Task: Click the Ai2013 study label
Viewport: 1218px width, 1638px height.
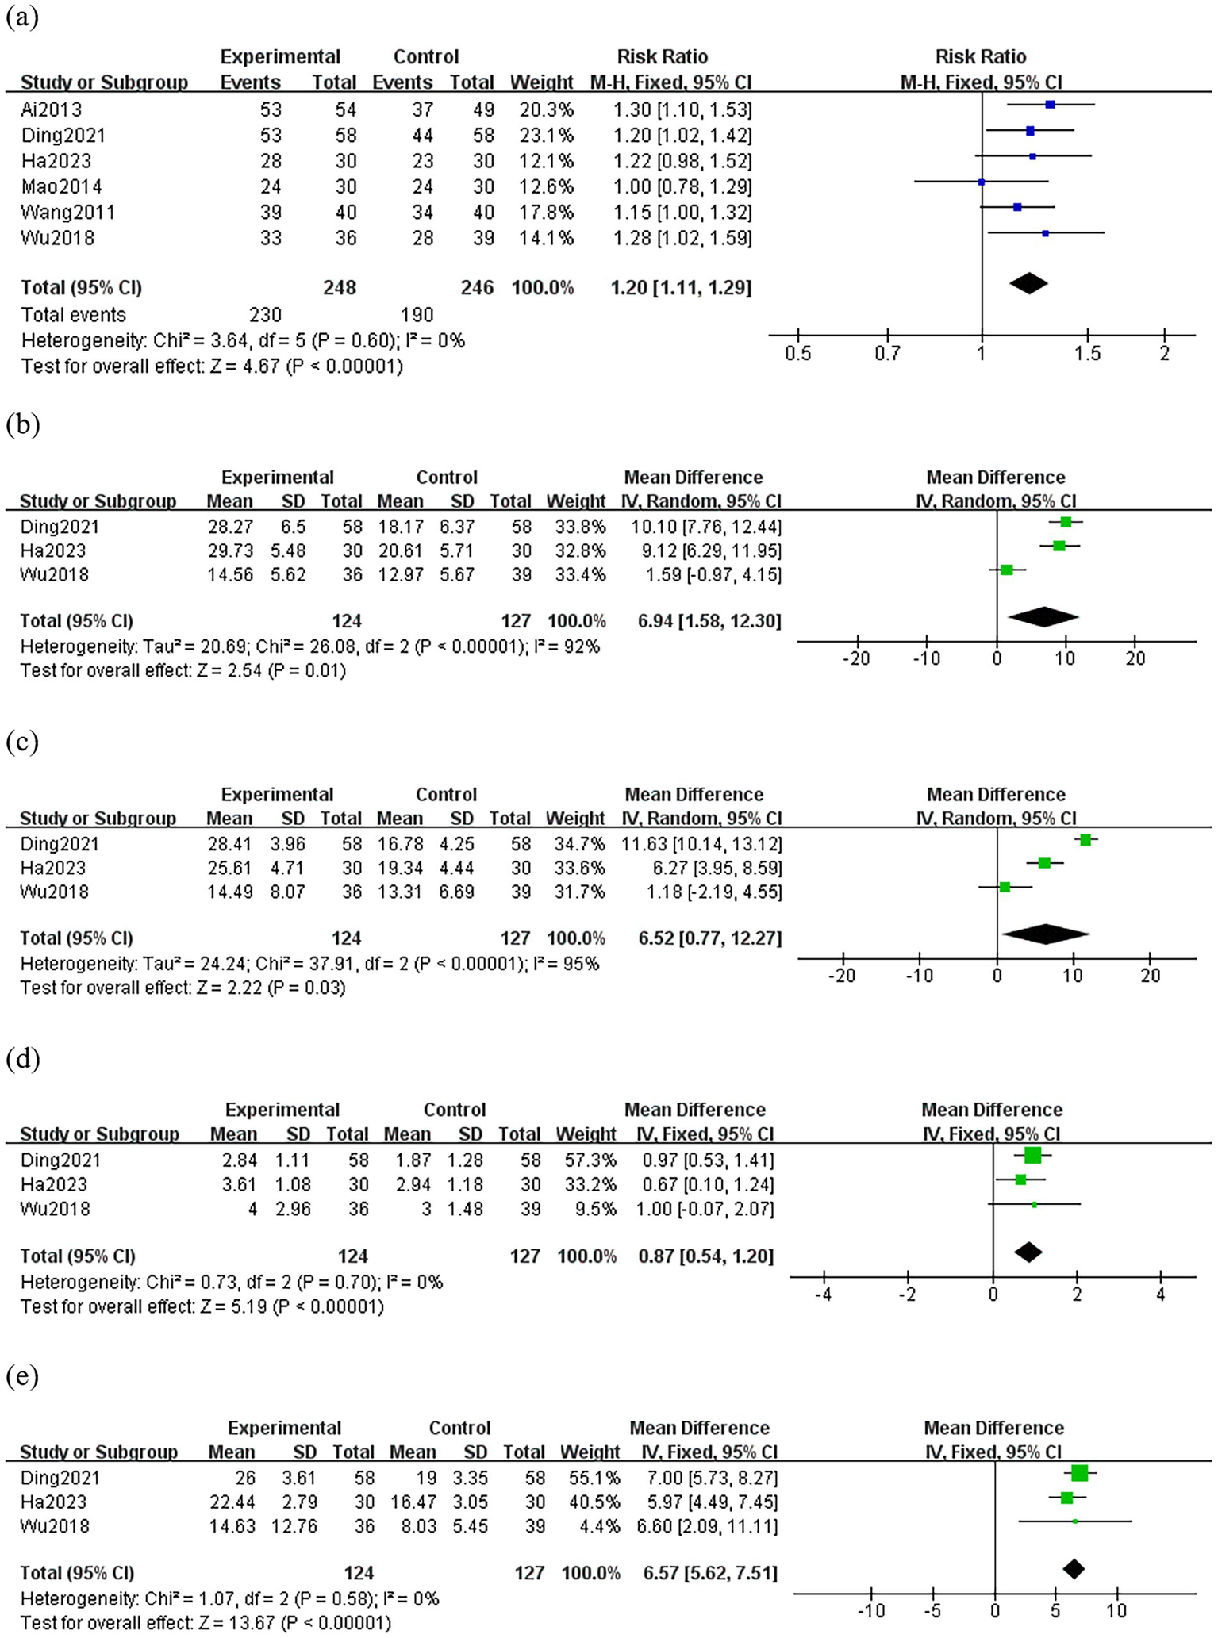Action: click(52, 109)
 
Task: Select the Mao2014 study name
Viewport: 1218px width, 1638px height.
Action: click(61, 186)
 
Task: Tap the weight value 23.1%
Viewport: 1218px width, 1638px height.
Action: click(546, 135)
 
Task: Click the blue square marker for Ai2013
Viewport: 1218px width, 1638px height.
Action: click(1050, 105)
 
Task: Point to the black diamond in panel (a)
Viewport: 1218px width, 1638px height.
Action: click(1028, 283)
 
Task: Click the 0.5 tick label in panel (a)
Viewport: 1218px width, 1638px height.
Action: click(797, 353)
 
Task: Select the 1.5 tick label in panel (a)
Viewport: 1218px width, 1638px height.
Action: click(1088, 353)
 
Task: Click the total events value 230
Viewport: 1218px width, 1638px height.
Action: click(265, 315)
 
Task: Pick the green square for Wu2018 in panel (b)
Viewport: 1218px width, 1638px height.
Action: click(1007, 570)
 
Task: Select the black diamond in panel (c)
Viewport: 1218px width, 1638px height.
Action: click(1045, 934)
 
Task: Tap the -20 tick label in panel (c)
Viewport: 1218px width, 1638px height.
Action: click(841, 975)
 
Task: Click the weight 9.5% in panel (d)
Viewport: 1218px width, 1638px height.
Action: click(597, 1209)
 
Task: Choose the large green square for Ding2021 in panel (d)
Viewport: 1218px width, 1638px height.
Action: click(1032, 1155)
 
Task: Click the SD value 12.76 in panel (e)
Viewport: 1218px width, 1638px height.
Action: click(294, 1526)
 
